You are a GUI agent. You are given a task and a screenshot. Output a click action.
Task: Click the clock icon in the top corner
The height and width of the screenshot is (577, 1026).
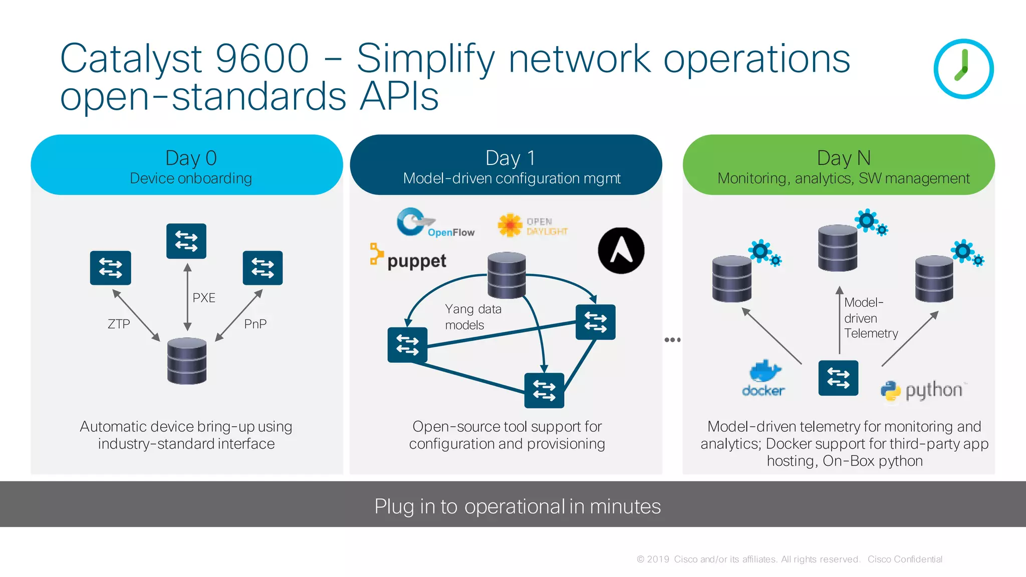963,69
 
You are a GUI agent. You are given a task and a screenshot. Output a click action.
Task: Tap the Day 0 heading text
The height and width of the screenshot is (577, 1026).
191,158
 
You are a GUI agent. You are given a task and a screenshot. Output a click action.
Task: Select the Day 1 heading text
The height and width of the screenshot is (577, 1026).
510,158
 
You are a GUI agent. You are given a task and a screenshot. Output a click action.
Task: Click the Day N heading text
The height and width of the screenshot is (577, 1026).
844,158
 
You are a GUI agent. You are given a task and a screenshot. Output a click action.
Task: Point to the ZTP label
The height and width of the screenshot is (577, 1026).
119,324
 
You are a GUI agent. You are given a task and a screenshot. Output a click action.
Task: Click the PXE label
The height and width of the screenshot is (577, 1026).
204,298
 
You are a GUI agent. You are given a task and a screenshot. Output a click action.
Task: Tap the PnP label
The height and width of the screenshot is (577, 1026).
255,324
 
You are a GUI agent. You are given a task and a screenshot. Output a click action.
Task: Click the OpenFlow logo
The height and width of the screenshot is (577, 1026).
434,223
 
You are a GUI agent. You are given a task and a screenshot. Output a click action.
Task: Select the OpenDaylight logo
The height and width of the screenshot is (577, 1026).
532,226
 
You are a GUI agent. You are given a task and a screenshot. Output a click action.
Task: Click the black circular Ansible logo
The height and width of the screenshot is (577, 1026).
621,251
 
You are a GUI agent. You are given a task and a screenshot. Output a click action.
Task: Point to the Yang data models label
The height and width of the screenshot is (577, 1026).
472,317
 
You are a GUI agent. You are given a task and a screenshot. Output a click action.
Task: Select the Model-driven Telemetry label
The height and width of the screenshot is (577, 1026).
870,318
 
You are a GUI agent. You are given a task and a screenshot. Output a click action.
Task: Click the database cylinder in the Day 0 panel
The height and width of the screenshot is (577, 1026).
187,361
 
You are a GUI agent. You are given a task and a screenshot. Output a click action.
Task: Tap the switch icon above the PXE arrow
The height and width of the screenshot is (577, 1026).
186,241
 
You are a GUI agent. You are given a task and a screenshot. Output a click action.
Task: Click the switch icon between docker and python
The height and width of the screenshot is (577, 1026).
838,378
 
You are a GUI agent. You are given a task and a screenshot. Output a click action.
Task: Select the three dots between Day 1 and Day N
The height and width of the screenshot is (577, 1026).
672,340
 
